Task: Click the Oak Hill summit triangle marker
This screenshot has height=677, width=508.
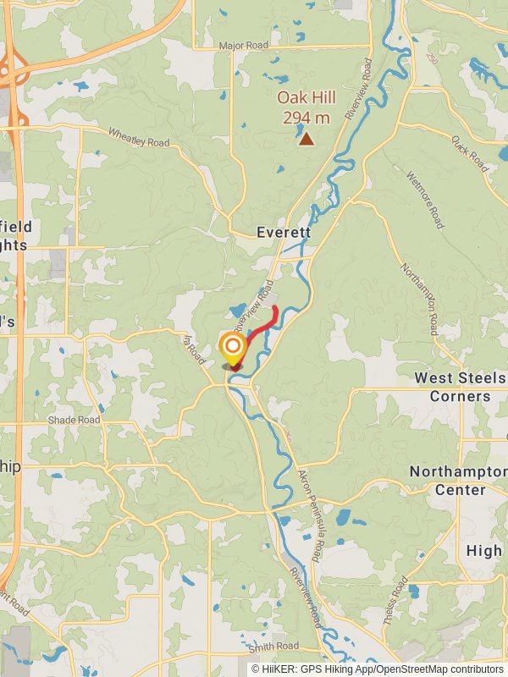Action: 306,140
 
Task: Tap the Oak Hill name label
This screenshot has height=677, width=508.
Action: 306,97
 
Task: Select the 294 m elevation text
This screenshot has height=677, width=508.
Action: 306,117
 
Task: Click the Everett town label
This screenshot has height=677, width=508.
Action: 284,232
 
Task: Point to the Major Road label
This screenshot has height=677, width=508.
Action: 243,45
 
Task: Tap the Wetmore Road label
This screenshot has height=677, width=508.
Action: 425,201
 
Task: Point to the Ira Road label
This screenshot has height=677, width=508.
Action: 193,347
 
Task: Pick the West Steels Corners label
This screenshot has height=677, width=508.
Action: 460,387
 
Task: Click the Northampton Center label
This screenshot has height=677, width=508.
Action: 460,480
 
